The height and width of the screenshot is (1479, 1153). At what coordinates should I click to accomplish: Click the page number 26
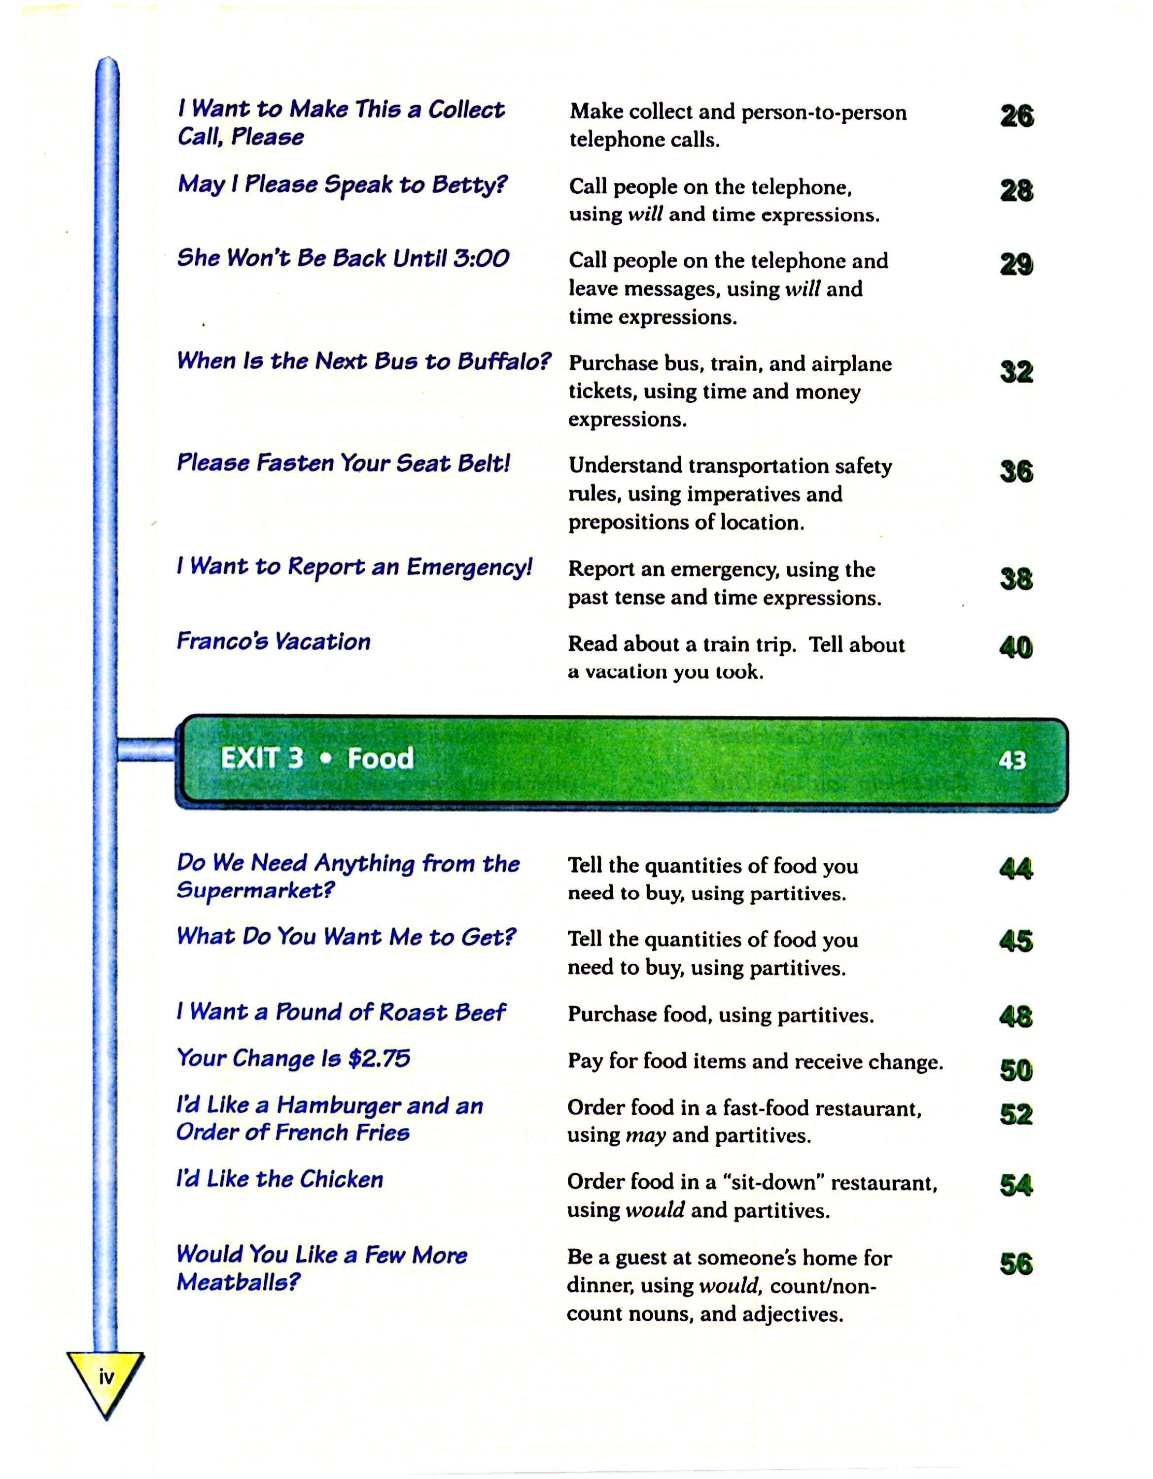(x=1016, y=116)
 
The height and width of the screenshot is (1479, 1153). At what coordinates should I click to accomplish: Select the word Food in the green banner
(x=380, y=758)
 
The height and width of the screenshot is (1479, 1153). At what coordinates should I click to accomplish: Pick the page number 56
(x=1015, y=1264)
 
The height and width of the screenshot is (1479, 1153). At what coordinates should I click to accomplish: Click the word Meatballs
(x=237, y=1282)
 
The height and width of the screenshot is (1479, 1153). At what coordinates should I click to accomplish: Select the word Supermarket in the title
(x=255, y=890)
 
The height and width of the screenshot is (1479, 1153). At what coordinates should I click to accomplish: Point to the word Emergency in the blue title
(x=469, y=567)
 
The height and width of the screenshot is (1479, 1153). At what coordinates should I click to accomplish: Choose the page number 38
(x=1015, y=579)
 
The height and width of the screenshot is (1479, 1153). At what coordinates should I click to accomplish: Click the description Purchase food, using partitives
(x=720, y=1015)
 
